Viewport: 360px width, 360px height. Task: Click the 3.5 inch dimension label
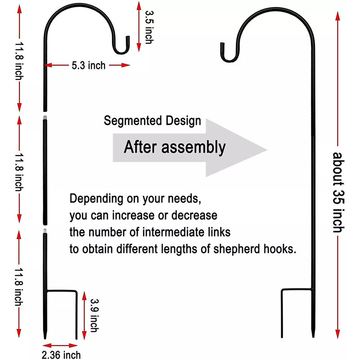tap(149, 27)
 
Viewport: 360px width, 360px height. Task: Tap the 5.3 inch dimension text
tap(88, 65)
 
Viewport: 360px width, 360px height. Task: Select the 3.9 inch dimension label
tap(94, 315)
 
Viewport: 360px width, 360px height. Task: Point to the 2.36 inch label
tap(61, 355)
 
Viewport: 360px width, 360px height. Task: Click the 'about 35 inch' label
tap(338, 192)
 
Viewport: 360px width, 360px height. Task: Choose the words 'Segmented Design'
tap(152, 121)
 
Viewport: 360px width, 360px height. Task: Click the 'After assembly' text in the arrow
tap(175, 147)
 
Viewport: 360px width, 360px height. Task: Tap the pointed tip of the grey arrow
tap(266, 150)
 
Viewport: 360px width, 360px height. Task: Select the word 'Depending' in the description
tap(96, 199)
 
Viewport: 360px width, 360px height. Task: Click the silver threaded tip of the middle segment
tap(45, 118)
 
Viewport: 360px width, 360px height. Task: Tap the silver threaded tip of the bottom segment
tap(45, 231)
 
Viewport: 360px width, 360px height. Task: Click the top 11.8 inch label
tap(19, 61)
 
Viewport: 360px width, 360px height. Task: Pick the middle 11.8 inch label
tap(19, 172)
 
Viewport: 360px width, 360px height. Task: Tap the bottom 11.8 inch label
tap(19, 287)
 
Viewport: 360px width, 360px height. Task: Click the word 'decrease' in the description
tap(194, 216)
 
